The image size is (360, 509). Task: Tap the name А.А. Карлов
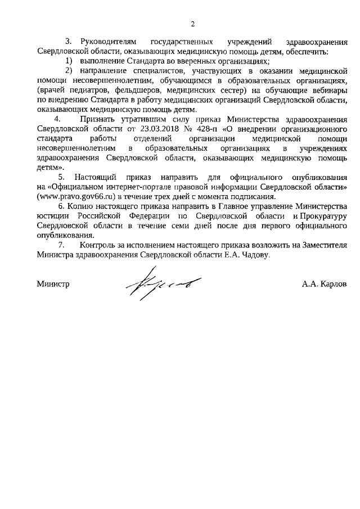[324, 284]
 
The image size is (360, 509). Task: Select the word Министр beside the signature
[53, 284]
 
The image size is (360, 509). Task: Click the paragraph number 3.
[69, 42]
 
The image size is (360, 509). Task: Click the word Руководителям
[109, 42]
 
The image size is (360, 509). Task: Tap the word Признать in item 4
[98, 119]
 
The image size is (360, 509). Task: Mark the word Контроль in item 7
[97, 246]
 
